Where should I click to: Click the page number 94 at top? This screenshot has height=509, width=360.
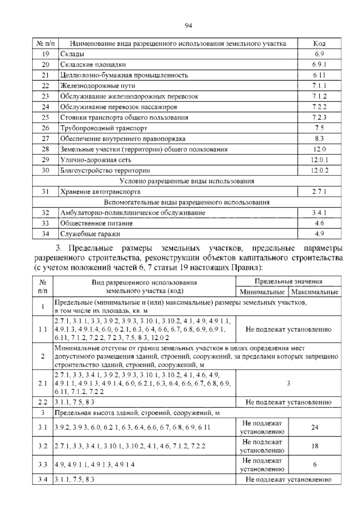pyautogui.click(x=188, y=26)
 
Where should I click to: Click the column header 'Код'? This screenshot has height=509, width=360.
pyautogui.click(x=319, y=44)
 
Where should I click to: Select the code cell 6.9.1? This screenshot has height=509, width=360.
pyautogui.click(x=319, y=65)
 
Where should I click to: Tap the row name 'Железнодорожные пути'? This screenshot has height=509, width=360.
pyautogui.click(x=97, y=86)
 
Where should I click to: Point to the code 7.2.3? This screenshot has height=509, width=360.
pyautogui.click(x=319, y=117)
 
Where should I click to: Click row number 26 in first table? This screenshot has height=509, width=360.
pyautogui.click(x=45, y=128)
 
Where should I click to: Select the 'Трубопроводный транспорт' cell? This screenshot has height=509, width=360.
pyautogui.click(x=104, y=128)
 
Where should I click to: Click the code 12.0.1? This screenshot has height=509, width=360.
pyautogui.click(x=319, y=160)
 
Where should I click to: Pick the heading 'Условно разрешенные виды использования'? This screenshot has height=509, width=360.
pyautogui.click(x=187, y=181)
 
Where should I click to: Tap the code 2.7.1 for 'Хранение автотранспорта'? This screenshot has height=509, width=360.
pyautogui.click(x=319, y=192)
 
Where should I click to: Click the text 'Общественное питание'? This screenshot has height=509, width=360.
pyautogui.click(x=96, y=223)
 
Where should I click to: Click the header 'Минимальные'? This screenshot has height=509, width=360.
pyautogui.click(x=262, y=292)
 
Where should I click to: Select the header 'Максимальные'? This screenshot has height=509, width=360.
pyautogui.click(x=315, y=292)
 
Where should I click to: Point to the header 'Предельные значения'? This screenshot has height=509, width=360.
pyautogui.click(x=288, y=282)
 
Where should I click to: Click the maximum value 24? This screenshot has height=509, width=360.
pyautogui.click(x=315, y=427)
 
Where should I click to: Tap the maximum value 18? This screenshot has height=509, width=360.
pyautogui.click(x=315, y=446)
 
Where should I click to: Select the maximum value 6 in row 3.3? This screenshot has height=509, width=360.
pyautogui.click(x=315, y=465)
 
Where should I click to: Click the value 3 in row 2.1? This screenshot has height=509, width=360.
pyautogui.click(x=288, y=383)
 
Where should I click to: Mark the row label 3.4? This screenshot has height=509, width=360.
pyautogui.click(x=43, y=480)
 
